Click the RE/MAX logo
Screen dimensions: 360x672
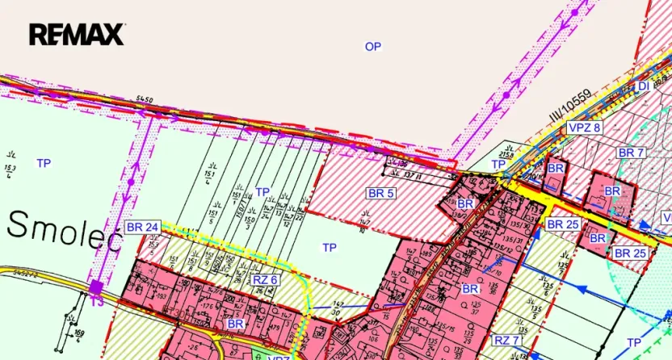click(x=77, y=34)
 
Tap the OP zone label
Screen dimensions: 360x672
click(x=372, y=47)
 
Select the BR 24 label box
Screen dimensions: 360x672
click(x=142, y=228)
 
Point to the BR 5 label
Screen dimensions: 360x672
click(x=380, y=193)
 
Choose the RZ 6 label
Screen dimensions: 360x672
click(x=265, y=279)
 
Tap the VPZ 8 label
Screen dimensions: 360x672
click(x=584, y=128)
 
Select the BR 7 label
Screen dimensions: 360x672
click(x=631, y=153)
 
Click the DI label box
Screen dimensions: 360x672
click(x=643, y=86)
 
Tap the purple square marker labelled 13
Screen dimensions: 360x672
click(x=96, y=286)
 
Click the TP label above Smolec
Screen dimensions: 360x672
click(x=44, y=163)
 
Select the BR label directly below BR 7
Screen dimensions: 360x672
click(x=613, y=191)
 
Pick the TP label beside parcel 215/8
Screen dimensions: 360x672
click(x=499, y=164)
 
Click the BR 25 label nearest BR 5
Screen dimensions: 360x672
click(x=562, y=224)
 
